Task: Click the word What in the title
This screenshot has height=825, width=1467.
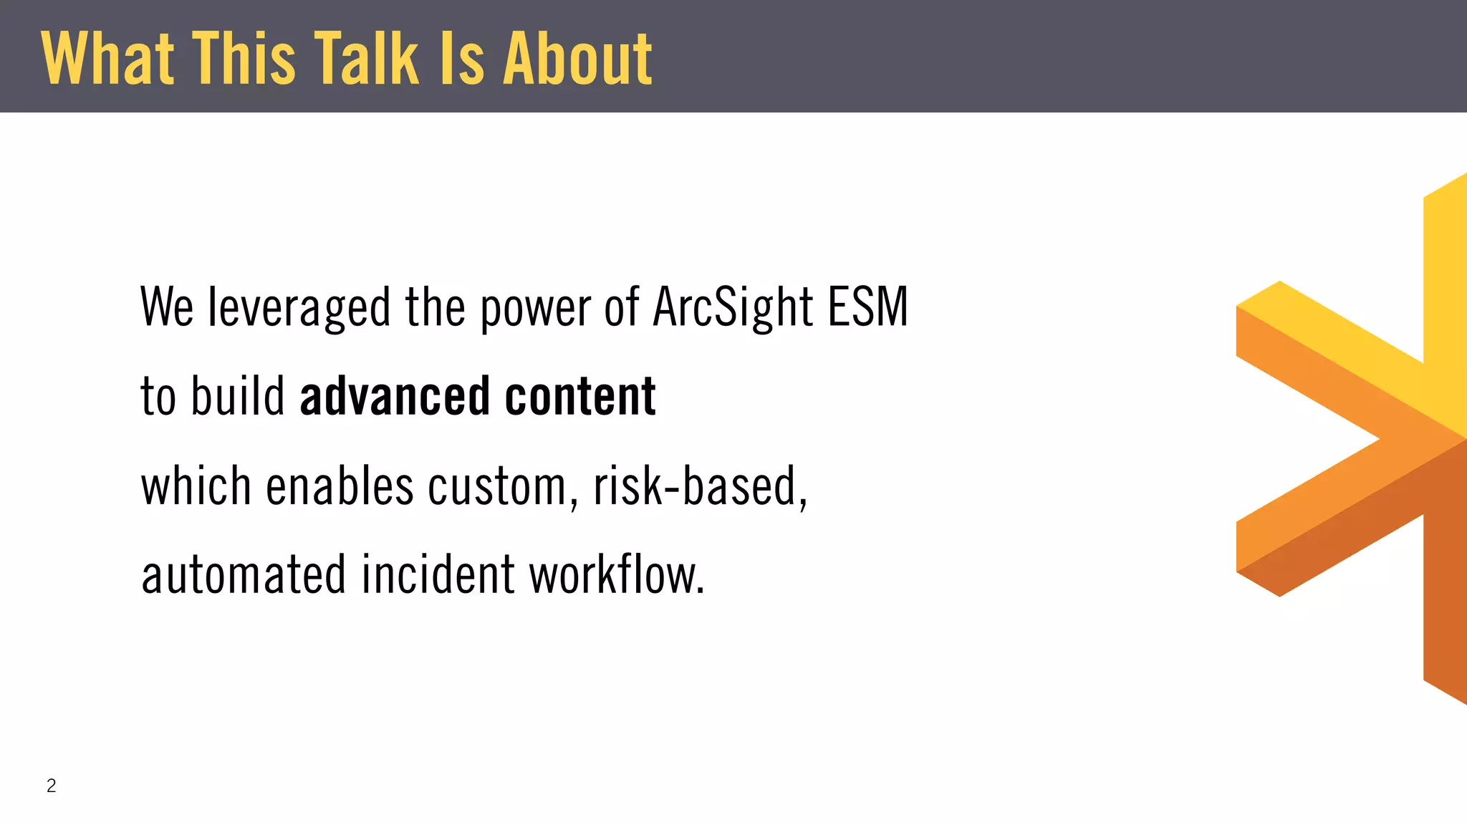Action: [107, 59]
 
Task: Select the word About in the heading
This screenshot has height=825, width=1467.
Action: [577, 59]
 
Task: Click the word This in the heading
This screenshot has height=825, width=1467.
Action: [245, 59]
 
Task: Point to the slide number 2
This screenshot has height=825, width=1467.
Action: [51, 786]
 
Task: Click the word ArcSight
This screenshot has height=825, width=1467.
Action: [733, 308]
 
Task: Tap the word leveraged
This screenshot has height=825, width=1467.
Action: [299, 308]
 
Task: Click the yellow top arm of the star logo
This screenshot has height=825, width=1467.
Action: [1446, 286]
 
